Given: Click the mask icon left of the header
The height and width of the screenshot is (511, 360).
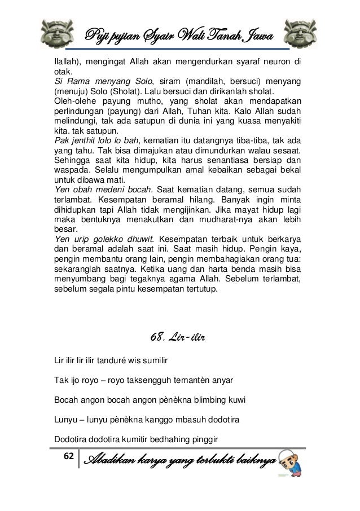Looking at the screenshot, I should point(59,32).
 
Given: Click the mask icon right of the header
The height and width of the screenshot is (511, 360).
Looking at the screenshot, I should point(300,32).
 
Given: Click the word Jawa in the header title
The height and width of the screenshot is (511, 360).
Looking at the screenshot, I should point(254,37).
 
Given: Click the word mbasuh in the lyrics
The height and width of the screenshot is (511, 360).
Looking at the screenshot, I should point(175,420).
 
